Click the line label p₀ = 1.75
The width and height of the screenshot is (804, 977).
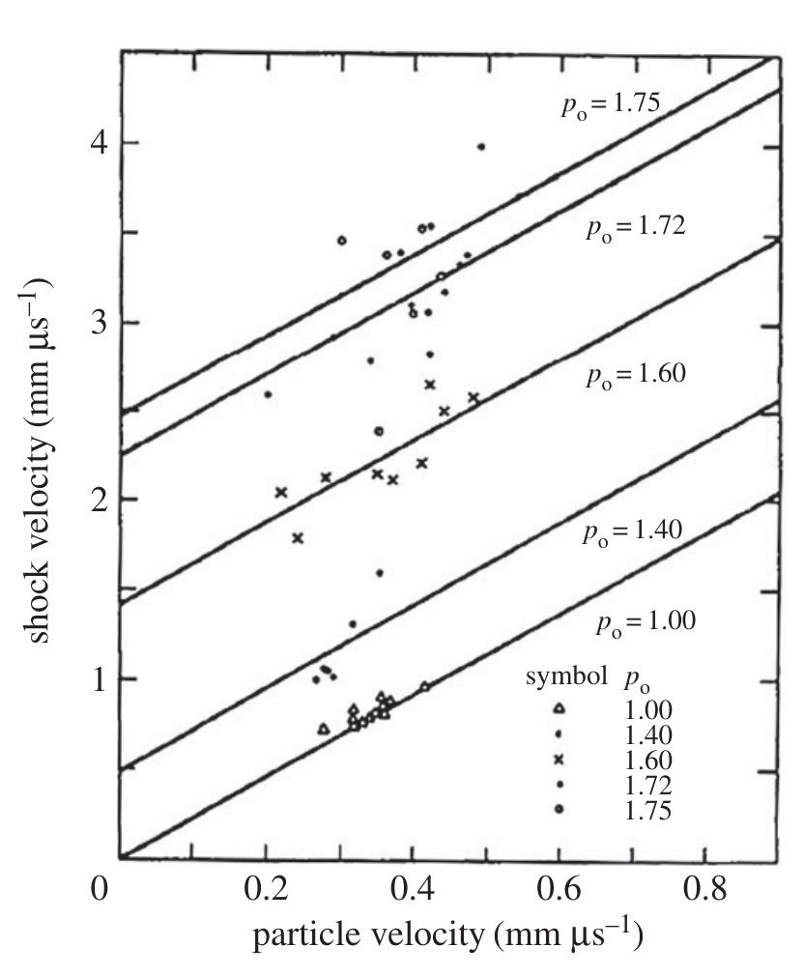pyautogui.click(x=612, y=105)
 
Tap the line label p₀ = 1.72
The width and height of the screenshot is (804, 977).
pyautogui.click(x=636, y=228)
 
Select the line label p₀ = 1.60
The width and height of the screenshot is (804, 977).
pyautogui.click(x=635, y=376)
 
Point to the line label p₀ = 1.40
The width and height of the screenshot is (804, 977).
pyautogui.click(x=632, y=532)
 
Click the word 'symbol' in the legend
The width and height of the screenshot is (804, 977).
pyautogui.click(x=566, y=677)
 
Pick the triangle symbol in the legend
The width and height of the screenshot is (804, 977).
pyautogui.click(x=560, y=708)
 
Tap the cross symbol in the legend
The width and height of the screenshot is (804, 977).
pyautogui.click(x=560, y=760)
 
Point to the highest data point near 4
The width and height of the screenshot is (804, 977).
pyautogui.click(x=481, y=147)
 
